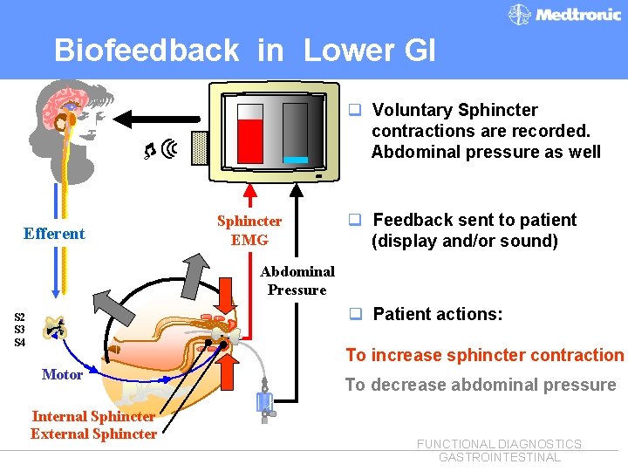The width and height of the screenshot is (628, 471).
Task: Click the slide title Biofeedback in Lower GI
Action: (x=244, y=50)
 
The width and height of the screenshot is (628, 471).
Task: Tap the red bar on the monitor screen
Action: (x=251, y=140)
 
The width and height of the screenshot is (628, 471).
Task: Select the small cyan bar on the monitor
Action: (x=296, y=160)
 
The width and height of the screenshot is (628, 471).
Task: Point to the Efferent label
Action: (x=54, y=233)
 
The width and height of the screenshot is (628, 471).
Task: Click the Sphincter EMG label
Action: (x=249, y=230)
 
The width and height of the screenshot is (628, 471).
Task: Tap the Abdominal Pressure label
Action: (x=297, y=281)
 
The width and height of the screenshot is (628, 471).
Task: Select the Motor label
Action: (x=62, y=374)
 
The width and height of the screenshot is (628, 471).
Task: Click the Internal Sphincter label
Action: (x=93, y=416)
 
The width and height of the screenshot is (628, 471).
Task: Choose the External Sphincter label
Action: (x=93, y=433)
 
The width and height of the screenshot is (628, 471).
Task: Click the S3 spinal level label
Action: (x=19, y=329)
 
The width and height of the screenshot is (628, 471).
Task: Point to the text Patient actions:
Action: (x=438, y=314)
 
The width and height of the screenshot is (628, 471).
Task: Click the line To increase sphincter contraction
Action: (x=485, y=355)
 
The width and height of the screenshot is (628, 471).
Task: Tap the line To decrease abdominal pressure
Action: (x=481, y=385)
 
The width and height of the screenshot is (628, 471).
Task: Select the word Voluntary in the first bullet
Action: (x=412, y=110)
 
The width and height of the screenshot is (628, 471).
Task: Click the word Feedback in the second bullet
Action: (x=412, y=220)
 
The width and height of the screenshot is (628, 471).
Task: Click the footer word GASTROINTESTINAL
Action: (x=499, y=457)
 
